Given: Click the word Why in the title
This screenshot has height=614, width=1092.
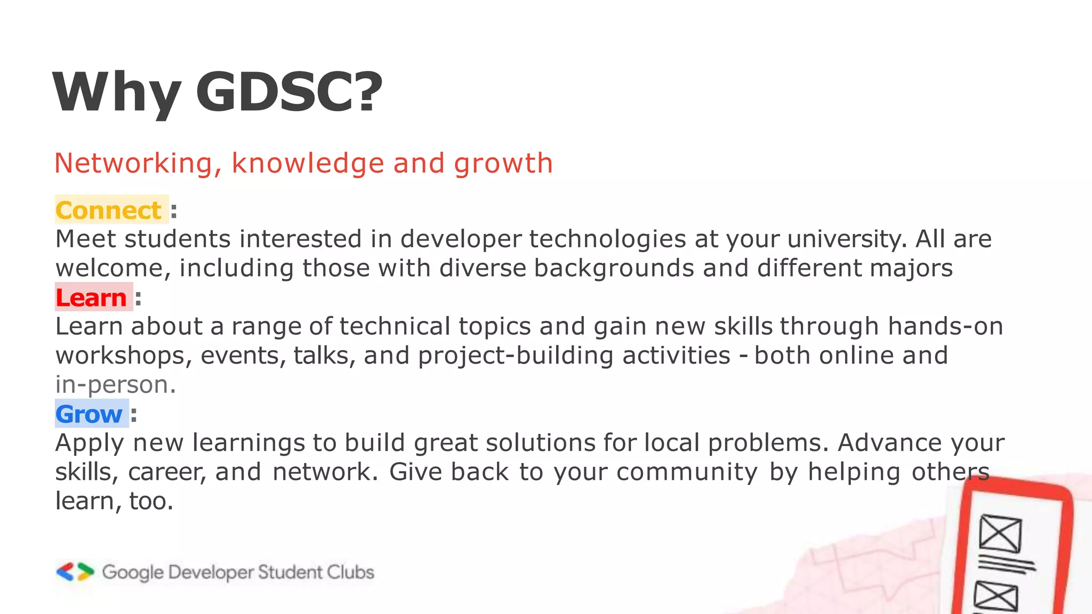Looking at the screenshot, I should [x=117, y=93].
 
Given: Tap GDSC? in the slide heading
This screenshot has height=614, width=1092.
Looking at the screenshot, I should [x=289, y=93].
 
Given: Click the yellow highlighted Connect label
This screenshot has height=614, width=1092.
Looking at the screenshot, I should [x=109, y=210].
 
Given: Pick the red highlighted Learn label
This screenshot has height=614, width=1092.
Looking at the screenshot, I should [x=91, y=297].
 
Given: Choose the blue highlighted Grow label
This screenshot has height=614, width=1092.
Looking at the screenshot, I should [x=89, y=414].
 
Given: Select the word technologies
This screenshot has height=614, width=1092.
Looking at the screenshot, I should [x=607, y=239].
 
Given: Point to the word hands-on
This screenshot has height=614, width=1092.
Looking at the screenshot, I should [x=945, y=326].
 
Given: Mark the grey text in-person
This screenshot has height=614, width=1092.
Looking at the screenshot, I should [x=115, y=385].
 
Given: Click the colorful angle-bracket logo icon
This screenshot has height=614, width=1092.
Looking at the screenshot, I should [x=75, y=572].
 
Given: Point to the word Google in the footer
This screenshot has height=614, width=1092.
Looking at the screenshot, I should [x=133, y=572].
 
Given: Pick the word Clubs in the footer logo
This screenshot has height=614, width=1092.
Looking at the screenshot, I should [x=350, y=572].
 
